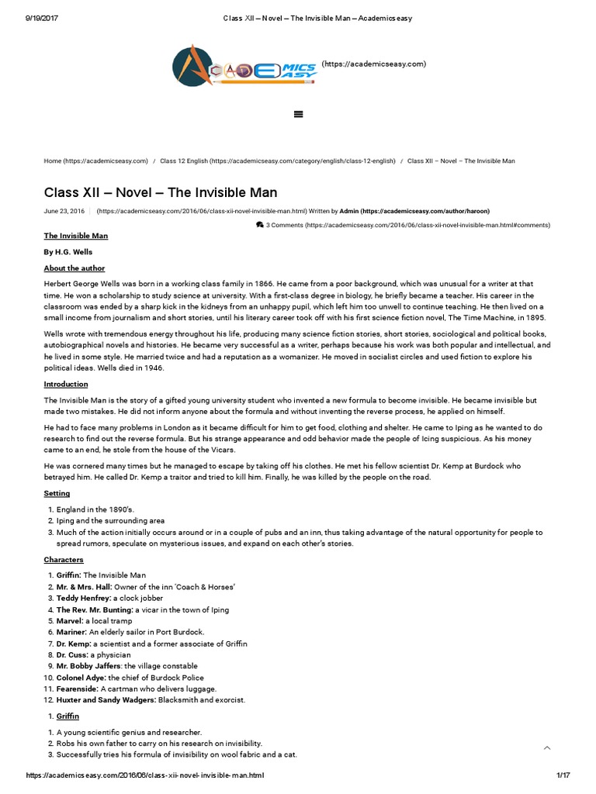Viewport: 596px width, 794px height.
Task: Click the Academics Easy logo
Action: tap(244, 66)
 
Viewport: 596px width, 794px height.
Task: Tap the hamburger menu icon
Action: tap(298, 114)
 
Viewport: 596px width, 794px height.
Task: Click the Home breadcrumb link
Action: tap(95, 161)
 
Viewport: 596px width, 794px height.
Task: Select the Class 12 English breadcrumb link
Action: tap(277, 161)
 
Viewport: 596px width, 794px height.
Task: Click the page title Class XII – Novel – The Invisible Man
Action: tap(160, 192)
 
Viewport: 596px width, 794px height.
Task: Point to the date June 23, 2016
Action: tap(64, 211)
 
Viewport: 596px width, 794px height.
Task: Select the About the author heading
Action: tap(74, 268)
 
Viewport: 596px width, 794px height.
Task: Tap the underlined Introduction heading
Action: tap(66, 385)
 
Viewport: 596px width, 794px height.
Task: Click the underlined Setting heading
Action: tap(57, 493)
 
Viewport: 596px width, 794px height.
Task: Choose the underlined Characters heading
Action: tap(64, 560)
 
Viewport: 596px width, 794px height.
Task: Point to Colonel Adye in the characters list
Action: tap(81, 678)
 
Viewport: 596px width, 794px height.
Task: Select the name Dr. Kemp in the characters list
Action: tap(74, 644)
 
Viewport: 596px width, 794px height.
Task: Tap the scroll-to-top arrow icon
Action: tap(547, 747)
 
